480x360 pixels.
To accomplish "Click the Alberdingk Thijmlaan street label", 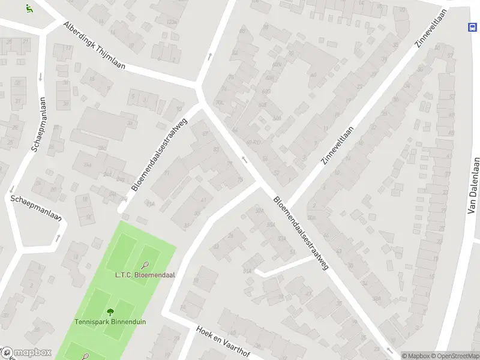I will (94, 46).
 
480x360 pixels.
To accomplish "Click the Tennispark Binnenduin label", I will (110, 322).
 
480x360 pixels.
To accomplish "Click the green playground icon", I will (29, 8).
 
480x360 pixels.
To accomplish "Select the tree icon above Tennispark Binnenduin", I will (110, 311).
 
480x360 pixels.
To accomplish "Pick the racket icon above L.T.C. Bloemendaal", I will (145, 265).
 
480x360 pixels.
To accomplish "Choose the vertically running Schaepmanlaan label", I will (38, 124).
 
